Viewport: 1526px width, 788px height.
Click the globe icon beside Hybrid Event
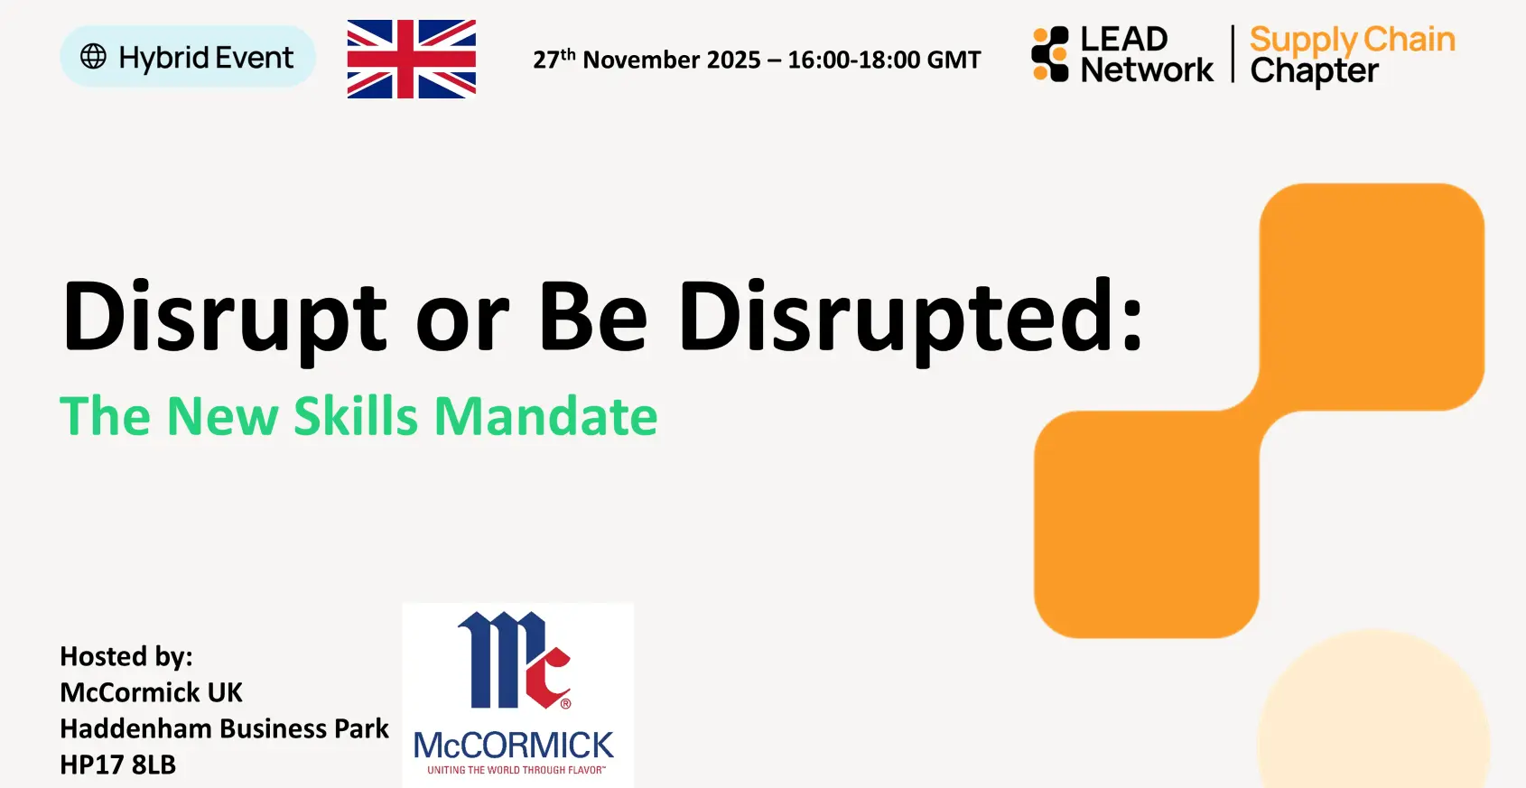click(93, 57)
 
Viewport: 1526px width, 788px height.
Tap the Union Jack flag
click(412, 60)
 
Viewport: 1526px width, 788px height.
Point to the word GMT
click(954, 60)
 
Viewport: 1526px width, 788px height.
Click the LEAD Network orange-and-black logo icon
click(1050, 54)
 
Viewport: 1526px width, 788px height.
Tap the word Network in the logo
click(1148, 70)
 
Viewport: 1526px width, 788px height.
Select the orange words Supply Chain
click(1353, 41)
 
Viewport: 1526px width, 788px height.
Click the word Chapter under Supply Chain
click(1314, 71)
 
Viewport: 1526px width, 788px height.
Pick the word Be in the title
click(592, 316)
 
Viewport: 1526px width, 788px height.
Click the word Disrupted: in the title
click(910, 320)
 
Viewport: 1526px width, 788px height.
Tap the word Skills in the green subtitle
click(355, 415)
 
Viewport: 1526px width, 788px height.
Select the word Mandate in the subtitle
click(545, 415)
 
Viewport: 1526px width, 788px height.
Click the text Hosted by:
click(126, 656)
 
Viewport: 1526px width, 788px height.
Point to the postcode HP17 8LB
click(118, 765)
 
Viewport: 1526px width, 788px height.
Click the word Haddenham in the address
click(136, 728)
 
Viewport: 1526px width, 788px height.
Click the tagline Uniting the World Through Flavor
click(516, 770)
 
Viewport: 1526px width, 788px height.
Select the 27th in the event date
click(554, 59)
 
